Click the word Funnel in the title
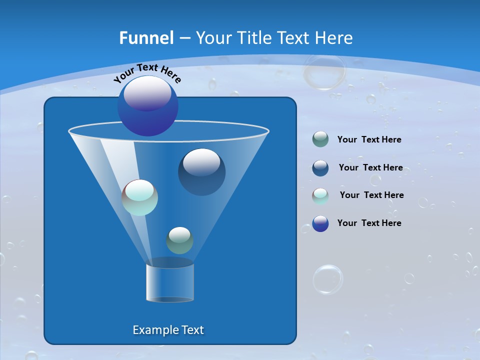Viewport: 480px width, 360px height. pyautogui.click(x=146, y=38)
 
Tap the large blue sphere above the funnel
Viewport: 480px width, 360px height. pyautogui.click(x=147, y=106)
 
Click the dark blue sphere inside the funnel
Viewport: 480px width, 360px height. pyautogui.click(x=201, y=172)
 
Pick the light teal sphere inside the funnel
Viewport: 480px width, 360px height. pyautogui.click(x=139, y=197)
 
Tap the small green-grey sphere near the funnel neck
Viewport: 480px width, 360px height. pyautogui.click(x=179, y=240)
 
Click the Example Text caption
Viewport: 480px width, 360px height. pyautogui.click(x=168, y=330)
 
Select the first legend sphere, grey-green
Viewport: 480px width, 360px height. pyautogui.click(x=320, y=139)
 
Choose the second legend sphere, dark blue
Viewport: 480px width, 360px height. pyautogui.click(x=320, y=168)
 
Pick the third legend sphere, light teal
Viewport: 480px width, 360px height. pyautogui.click(x=320, y=196)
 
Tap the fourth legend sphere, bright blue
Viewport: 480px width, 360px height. pyautogui.click(x=320, y=223)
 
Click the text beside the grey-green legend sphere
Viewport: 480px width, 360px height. pyautogui.click(x=369, y=140)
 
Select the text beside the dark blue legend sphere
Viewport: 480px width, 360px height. pyautogui.click(x=370, y=168)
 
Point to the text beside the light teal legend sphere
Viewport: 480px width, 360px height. pyautogui.click(x=371, y=195)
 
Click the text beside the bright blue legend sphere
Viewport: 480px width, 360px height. pyautogui.click(x=369, y=223)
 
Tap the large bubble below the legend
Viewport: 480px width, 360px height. pyautogui.click(x=328, y=279)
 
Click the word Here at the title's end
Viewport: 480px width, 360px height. pyautogui.click(x=333, y=38)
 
